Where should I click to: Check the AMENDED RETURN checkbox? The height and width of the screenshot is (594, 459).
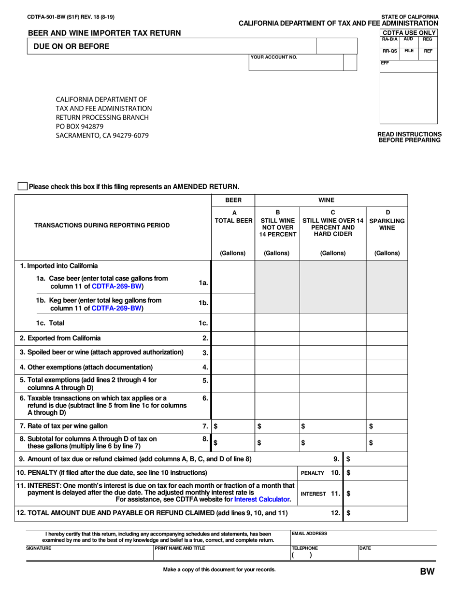click(x=22, y=186)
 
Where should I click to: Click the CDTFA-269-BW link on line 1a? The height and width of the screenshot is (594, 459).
click(x=117, y=286)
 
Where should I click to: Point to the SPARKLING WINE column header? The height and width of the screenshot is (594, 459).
click(x=387, y=220)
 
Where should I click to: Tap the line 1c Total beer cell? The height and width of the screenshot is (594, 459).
click(x=233, y=323)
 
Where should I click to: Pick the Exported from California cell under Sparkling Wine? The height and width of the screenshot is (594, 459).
click(x=387, y=338)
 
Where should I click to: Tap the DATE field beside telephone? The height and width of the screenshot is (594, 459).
click(x=396, y=553)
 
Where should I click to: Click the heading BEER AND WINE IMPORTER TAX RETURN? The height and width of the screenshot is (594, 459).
click(x=104, y=33)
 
